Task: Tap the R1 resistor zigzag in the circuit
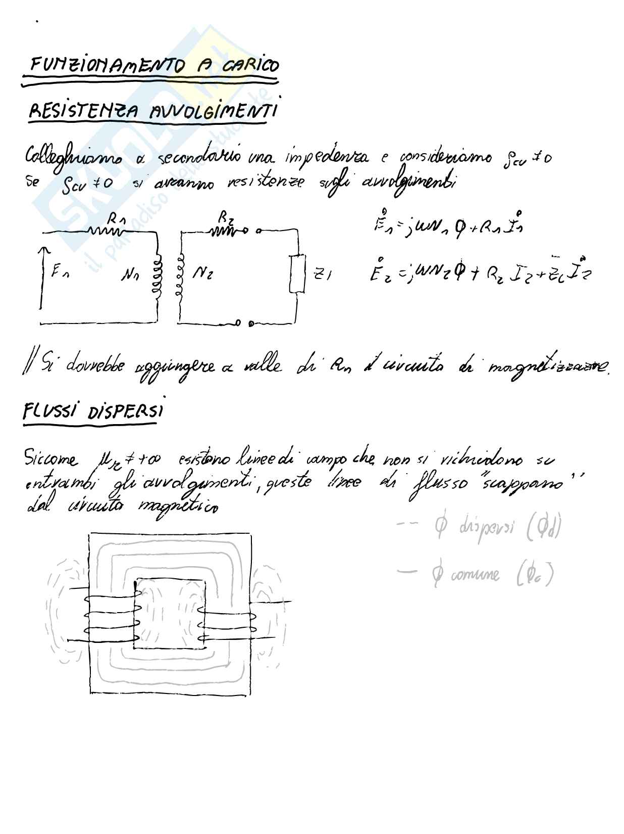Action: tap(107, 231)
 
